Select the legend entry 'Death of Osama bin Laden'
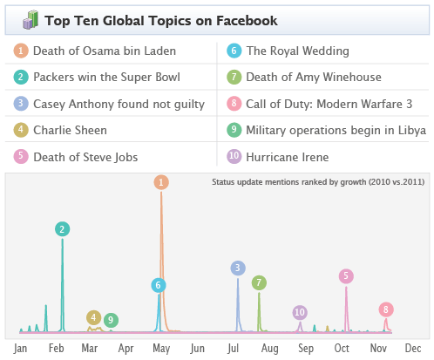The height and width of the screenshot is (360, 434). click(x=104, y=51)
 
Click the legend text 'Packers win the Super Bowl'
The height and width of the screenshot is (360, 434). click(x=106, y=78)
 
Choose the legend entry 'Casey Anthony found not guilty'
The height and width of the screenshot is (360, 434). click(x=118, y=105)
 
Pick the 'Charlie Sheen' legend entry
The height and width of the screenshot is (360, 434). click(x=70, y=131)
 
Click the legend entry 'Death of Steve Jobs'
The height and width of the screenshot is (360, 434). click(x=85, y=158)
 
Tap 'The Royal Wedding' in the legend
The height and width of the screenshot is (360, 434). click(x=297, y=51)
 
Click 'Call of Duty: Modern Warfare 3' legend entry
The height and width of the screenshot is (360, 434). click(x=329, y=105)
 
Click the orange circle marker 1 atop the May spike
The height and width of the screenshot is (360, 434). click(x=161, y=182)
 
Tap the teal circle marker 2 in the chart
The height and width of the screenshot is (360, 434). click(x=62, y=229)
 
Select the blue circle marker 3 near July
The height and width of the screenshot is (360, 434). click(x=238, y=268)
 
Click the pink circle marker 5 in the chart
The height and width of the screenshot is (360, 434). click(x=346, y=276)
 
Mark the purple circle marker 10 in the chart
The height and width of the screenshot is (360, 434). click(x=300, y=312)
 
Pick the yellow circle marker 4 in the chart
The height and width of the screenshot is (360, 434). click(x=93, y=317)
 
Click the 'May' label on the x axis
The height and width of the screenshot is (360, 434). click(x=160, y=349)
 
